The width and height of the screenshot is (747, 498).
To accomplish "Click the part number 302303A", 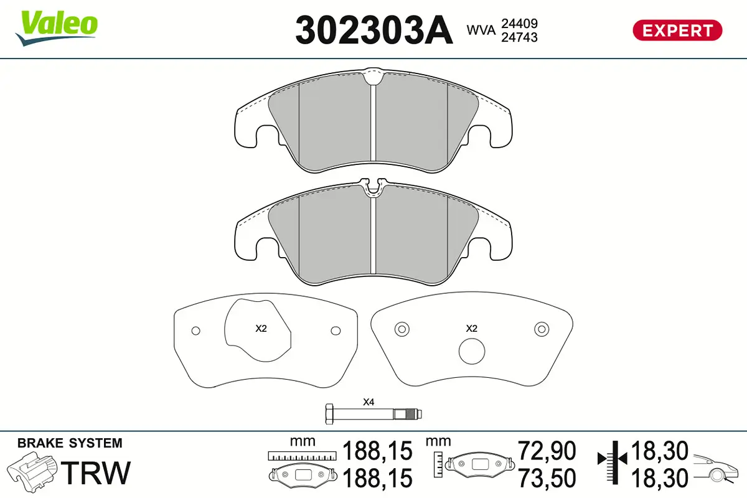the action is [x=374, y=30].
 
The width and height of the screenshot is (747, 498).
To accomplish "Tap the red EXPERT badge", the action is [x=677, y=30].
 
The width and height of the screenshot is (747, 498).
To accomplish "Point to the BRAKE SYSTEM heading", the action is [x=70, y=444].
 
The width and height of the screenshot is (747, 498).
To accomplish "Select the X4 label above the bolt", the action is [x=369, y=402].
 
